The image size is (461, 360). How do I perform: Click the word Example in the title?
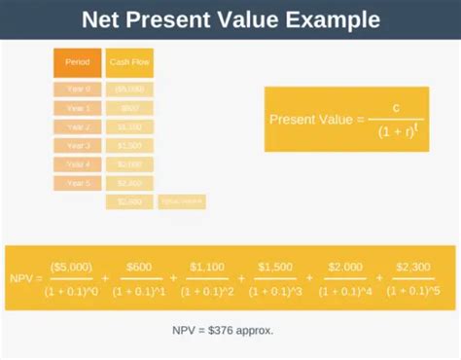click(x=317, y=18)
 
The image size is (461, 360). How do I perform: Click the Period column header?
click(x=77, y=62)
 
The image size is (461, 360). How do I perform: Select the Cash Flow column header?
click(x=129, y=62)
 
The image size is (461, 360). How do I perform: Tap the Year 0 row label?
click(x=77, y=90)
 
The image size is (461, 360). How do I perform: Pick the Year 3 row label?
click(x=77, y=146)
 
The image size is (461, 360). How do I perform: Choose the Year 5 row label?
click(x=77, y=183)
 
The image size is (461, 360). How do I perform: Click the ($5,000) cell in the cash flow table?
click(x=129, y=90)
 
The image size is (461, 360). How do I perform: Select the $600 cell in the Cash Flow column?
click(x=129, y=108)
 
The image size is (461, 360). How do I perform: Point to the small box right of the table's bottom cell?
click(x=181, y=201)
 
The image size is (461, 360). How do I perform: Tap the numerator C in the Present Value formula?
click(x=397, y=107)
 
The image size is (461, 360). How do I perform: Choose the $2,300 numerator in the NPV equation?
click(x=413, y=266)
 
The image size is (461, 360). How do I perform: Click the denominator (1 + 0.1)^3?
click(x=276, y=289)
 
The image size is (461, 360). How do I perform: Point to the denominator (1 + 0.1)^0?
click(x=69, y=289)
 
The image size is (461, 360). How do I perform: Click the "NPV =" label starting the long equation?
click(x=24, y=277)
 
